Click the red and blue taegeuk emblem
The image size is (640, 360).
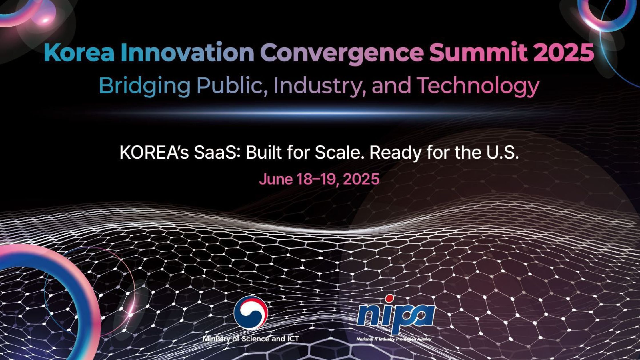click(x=251, y=313)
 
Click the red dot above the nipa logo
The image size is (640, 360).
click(x=389, y=299)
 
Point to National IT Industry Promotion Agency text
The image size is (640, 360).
click(x=394, y=339)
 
